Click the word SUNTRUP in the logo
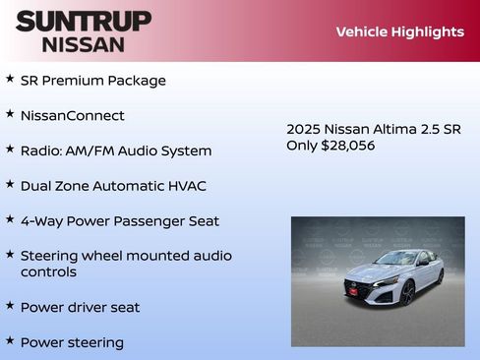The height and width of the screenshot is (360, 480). click(x=84, y=21)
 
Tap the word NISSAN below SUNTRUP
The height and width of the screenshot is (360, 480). click(x=84, y=43)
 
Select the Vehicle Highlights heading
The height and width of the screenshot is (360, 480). click(x=399, y=31)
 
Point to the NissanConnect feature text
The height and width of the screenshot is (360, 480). click(x=73, y=116)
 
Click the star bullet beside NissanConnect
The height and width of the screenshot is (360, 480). click(x=10, y=114)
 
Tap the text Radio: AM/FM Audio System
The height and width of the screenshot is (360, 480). click(x=116, y=151)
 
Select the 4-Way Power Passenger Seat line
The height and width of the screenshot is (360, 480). click(x=120, y=221)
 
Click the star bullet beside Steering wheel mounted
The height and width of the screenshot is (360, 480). click(x=10, y=255)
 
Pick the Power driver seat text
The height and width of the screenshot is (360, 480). click(x=80, y=308)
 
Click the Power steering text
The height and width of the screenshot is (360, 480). click(x=72, y=343)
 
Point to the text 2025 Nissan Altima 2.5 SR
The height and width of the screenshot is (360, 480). click(x=374, y=129)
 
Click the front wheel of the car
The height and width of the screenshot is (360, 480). click(x=407, y=292)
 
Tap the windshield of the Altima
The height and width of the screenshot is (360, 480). click(x=398, y=260)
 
